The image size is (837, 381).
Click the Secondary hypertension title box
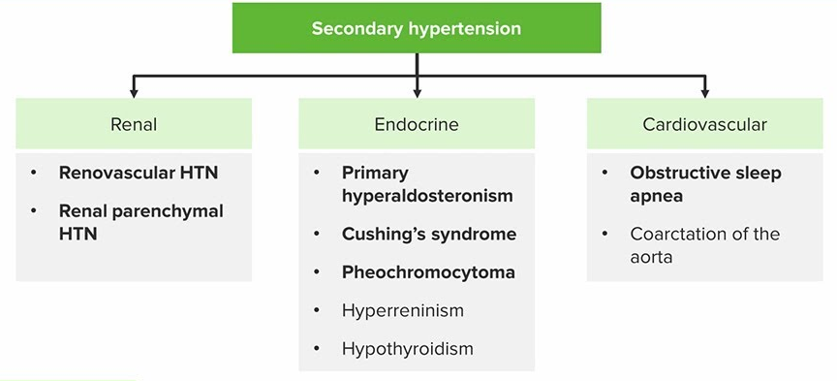417,28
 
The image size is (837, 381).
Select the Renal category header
134,124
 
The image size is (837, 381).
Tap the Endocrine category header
417,124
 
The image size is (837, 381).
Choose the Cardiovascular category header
704,124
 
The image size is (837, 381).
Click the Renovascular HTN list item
139,173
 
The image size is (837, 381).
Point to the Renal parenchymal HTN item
140,222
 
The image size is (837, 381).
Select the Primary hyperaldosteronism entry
427,184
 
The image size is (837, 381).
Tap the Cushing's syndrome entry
429,234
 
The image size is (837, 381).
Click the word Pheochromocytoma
428,272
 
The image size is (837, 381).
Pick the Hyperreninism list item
403,310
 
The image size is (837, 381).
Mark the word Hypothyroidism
407,349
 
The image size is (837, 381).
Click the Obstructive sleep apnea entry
705,184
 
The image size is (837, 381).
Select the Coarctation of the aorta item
704,245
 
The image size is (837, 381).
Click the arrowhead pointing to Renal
134,93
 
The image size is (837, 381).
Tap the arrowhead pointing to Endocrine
417,93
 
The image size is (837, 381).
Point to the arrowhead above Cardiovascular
704,93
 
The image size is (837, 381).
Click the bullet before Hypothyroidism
317,349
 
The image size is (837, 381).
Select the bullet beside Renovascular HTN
34,173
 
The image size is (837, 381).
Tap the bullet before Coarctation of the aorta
604,234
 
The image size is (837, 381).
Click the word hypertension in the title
465,28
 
